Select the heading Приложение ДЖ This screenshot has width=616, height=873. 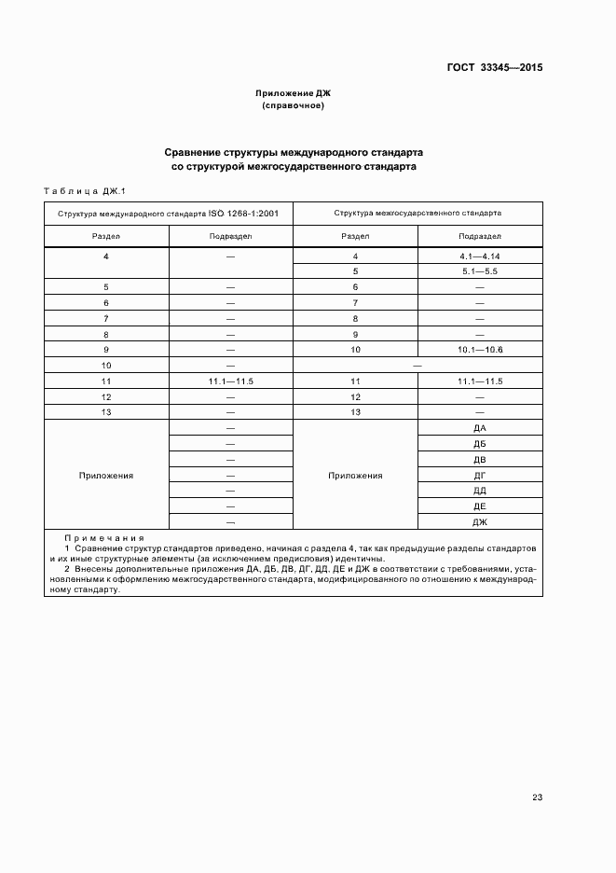[x=293, y=93]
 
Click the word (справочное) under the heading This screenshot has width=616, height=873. [x=293, y=106]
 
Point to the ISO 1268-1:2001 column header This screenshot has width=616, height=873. [x=169, y=213]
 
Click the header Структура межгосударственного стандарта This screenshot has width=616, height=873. [x=418, y=213]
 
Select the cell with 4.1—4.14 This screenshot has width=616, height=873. [x=481, y=256]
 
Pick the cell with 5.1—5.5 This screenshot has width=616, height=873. [x=481, y=271]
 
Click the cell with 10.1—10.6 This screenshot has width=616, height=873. [x=481, y=350]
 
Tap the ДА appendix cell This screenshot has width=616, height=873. [x=481, y=428]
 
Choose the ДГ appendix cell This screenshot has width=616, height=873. [x=481, y=475]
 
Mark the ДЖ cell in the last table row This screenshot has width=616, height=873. [x=481, y=521]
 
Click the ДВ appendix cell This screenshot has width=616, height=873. [x=481, y=460]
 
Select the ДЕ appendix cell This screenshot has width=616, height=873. [x=481, y=506]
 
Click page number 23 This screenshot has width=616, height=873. [x=537, y=797]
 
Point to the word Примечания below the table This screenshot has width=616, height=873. [x=104, y=538]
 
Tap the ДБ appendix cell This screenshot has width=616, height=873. [x=481, y=444]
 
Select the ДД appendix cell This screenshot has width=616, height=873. [x=481, y=491]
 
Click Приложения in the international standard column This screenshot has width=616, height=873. [x=106, y=475]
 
